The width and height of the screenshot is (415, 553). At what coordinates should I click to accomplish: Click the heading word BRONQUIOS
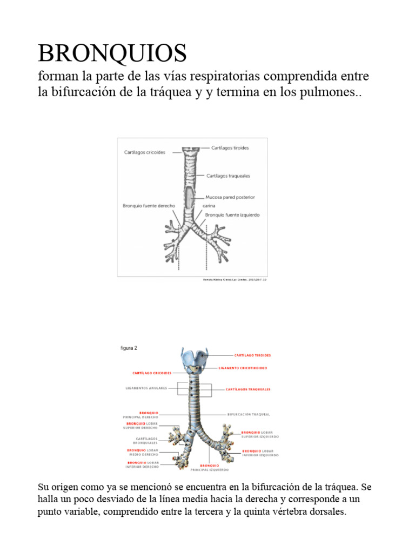(x=112, y=53)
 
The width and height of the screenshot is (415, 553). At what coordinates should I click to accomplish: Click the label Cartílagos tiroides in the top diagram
(x=230, y=148)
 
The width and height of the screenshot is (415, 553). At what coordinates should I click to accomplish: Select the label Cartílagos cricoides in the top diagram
(x=145, y=152)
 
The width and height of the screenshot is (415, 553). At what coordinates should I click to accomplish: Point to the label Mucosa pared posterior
(x=230, y=197)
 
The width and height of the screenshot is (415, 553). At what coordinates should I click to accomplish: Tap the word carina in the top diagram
(x=209, y=206)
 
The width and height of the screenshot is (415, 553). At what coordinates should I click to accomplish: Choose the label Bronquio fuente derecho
(x=149, y=206)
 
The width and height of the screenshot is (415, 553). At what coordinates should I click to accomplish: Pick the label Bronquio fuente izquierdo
(x=232, y=214)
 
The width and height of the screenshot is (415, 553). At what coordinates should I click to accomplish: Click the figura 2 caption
(x=129, y=348)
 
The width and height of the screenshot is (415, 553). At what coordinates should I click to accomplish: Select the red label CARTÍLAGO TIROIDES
(x=252, y=355)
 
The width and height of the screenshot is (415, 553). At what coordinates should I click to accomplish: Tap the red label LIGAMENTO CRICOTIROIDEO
(x=243, y=368)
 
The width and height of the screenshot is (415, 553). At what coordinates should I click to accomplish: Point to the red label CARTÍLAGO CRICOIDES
(x=152, y=373)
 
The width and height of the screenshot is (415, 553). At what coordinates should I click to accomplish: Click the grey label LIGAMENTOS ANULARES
(x=146, y=388)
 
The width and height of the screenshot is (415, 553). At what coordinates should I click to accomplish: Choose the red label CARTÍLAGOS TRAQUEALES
(x=249, y=389)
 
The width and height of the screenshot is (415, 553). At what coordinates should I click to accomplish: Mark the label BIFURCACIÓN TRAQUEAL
(x=249, y=415)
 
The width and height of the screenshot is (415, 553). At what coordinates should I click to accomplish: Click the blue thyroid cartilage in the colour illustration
(x=195, y=358)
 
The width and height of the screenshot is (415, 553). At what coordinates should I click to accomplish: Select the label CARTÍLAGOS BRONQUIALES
(x=147, y=441)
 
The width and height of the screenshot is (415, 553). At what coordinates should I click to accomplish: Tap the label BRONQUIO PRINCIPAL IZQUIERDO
(x=210, y=468)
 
